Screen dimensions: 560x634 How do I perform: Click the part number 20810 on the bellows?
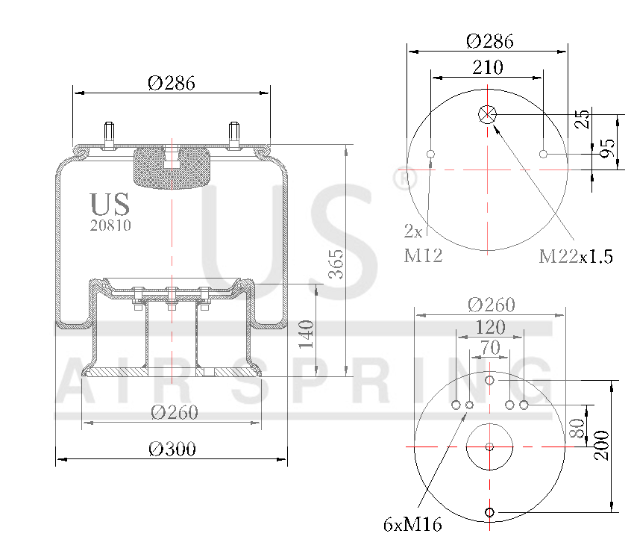coord(110,225)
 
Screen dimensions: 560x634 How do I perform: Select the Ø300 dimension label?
coord(172,449)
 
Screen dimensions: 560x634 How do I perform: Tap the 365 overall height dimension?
coord(336,264)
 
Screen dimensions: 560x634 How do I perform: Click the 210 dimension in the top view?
coord(488,67)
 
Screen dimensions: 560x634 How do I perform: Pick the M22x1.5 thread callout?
coord(576,257)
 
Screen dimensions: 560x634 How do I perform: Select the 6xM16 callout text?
coord(412,525)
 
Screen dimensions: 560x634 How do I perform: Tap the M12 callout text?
coord(424,256)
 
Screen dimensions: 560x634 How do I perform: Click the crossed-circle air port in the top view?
coord(488,114)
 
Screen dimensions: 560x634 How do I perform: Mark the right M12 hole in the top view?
coord(544,155)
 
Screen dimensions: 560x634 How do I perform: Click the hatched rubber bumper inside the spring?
coord(172,168)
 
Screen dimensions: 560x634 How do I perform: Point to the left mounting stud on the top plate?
coord(110,134)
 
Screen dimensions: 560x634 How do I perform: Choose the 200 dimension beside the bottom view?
coord(601,445)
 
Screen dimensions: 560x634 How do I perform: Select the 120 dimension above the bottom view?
coord(490,327)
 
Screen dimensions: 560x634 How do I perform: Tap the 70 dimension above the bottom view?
coord(490,346)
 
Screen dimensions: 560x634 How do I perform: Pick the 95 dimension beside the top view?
coord(609,149)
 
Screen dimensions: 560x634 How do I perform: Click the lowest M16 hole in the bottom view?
coord(489,512)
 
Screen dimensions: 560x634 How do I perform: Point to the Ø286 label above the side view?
coord(172,84)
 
